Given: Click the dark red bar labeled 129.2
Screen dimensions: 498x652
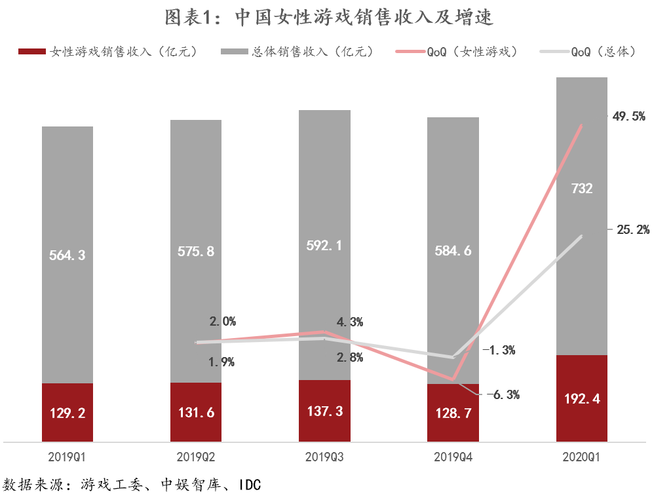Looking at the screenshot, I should pyautogui.click(x=67, y=413).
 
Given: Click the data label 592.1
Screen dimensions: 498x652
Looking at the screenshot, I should pyautogui.click(x=324, y=245).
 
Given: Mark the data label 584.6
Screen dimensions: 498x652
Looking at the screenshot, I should pyautogui.click(x=453, y=250).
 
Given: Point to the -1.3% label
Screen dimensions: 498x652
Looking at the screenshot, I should pyautogui.click(x=499, y=350).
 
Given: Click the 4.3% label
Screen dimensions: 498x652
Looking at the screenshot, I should pyautogui.click(x=350, y=322).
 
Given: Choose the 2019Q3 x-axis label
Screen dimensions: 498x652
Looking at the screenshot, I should pyautogui.click(x=324, y=455).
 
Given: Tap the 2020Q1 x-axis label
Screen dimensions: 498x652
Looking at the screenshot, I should pyautogui.click(x=582, y=455).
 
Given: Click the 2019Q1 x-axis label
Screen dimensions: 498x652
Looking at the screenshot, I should pyautogui.click(x=67, y=455).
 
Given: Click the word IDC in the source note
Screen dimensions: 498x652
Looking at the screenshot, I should pyautogui.click(x=249, y=486).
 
